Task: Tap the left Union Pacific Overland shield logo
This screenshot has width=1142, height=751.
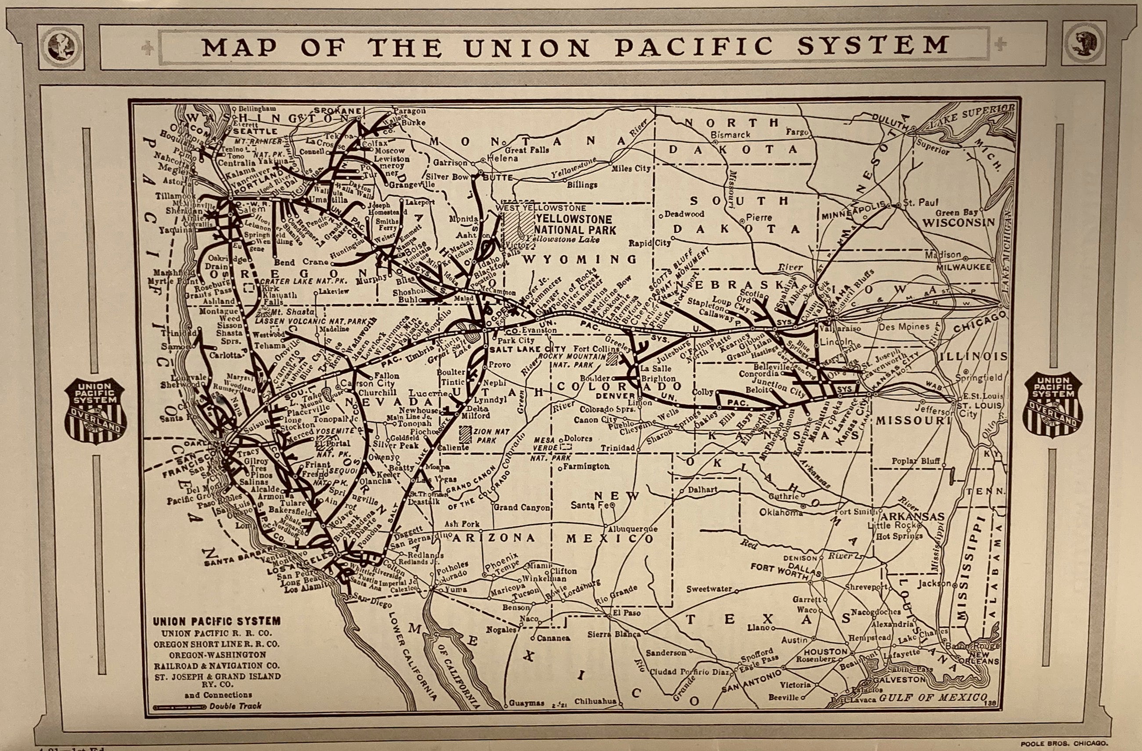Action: click(x=96, y=410)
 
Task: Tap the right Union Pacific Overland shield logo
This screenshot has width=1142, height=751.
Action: click(x=1053, y=404)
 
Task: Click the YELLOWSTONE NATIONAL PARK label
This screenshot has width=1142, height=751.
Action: click(x=575, y=224)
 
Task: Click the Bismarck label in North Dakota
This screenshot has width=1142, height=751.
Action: click(x=730, y=135)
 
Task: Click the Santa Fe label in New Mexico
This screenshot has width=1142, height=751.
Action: click(x=589, y=505)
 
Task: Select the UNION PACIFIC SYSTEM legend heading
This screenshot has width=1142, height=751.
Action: click(x=217, y=621)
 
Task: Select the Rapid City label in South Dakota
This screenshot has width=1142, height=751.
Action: click(x=649, y=243)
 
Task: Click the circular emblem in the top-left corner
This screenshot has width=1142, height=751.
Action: click(x=61, y=46)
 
